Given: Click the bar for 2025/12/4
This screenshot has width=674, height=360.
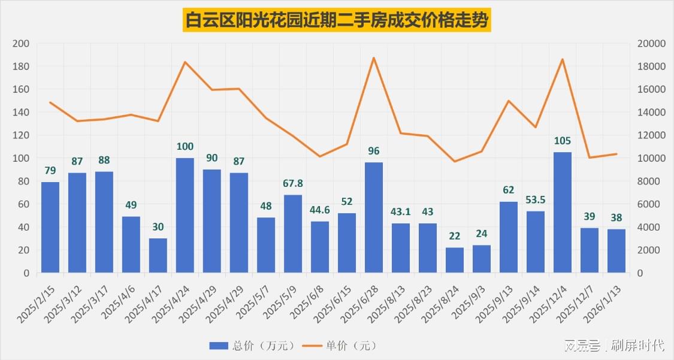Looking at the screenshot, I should tap(563, 213).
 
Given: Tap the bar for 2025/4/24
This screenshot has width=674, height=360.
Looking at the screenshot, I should tap(185, 216).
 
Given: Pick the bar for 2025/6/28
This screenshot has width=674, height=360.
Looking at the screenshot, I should tap(374, 217).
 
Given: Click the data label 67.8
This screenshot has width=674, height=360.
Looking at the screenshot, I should tap(293, 183).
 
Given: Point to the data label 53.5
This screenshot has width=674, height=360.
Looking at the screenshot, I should tap(536, 199).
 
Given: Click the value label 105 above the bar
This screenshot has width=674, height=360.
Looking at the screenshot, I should tap(563, 141).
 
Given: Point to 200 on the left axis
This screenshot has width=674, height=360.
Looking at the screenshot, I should tap(21, 44).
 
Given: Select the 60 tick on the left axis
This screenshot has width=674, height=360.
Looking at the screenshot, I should tap(23, 204).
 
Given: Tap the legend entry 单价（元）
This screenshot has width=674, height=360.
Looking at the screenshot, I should tap(339, 346).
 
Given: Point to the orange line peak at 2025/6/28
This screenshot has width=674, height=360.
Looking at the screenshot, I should tap(374, 58).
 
